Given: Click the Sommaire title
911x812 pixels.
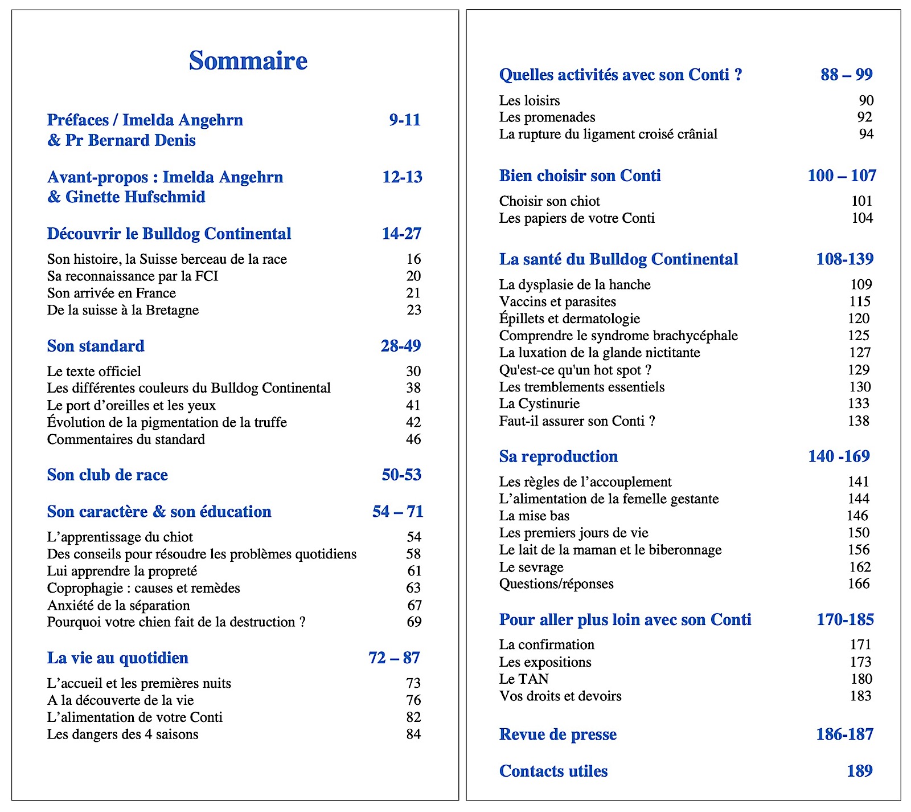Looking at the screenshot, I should [x=248, y=60].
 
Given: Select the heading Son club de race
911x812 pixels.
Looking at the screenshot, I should [x=107, y=475].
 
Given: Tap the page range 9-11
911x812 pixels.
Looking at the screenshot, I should [x=404, y=120].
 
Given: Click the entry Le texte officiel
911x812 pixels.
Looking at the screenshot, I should [x=94, y=372].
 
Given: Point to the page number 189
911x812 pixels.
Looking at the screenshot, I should [x=859, y=770].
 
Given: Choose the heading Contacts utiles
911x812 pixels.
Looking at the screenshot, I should [x=553, y=771].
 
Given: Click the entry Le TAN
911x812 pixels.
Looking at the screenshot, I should [x=523, y=679].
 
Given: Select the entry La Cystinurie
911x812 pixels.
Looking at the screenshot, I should [x=539, y=403].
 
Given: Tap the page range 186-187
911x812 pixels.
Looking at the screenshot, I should [x=844, y=734].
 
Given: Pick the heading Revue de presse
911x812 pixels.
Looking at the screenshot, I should [x=557, y=735].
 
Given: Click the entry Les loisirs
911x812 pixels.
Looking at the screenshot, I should [x=529, y=101].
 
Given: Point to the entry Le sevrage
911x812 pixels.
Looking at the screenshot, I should [x=531, y=567].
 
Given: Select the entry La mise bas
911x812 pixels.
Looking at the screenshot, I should [x=534, y=516].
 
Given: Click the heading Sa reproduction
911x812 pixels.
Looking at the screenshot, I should [x=558, y=456].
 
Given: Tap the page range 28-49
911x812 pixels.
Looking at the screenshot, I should [x=401, y=346].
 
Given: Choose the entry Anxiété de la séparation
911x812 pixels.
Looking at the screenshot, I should [x=118, y=605].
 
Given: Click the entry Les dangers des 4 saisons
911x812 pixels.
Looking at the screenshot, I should [x=122, y=734].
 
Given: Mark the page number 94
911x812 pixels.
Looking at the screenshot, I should [x=866, y=134].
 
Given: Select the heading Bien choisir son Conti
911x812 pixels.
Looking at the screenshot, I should [x=580, y=176].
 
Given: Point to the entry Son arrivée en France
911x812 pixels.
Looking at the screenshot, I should [x=111, y=293].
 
